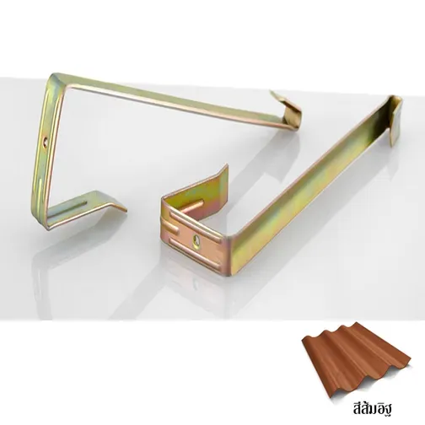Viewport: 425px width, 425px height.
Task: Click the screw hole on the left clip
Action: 46,140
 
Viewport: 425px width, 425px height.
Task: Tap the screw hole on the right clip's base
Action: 196,240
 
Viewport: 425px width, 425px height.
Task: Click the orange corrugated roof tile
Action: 356,361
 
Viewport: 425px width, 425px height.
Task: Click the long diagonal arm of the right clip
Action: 312,180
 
